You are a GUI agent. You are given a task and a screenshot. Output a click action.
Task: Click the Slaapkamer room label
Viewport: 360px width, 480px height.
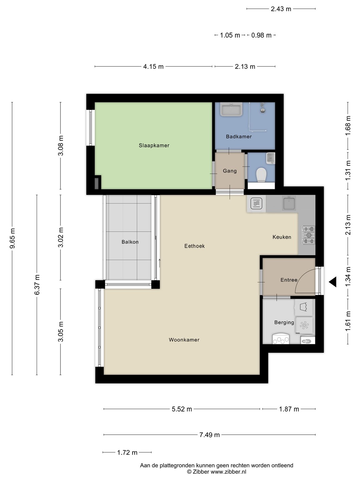pos(154,145)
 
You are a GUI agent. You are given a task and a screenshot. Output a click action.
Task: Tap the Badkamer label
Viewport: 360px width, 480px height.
pos(239,136)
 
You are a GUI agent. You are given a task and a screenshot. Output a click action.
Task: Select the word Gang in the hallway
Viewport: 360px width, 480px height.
pos(230,171)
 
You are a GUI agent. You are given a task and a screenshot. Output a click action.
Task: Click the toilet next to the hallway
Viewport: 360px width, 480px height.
pos(261,175)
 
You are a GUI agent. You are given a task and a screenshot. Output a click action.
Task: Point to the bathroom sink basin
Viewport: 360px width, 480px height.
pos(231,109)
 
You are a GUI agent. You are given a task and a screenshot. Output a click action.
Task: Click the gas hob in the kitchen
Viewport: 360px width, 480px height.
pos(308,235)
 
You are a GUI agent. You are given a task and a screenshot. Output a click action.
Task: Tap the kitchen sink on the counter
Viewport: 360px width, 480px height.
pos(289,203)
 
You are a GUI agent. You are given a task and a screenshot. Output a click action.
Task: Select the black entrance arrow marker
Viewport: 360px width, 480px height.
pos(333,282)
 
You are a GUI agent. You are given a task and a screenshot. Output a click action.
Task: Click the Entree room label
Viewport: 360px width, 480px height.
pos(289,280)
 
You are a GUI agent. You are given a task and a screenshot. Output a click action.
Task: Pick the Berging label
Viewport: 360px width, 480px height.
pos(284,323)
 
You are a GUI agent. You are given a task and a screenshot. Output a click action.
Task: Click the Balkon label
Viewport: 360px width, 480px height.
pos(130,242)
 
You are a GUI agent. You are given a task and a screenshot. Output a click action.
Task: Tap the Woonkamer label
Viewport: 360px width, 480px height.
pos(184,340)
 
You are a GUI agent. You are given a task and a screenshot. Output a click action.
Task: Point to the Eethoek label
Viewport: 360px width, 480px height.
pos(195,246)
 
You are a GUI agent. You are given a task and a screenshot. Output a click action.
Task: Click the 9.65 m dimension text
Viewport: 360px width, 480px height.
pos(12,238)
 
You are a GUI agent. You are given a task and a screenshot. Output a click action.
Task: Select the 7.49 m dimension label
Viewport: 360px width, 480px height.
pos(209,435)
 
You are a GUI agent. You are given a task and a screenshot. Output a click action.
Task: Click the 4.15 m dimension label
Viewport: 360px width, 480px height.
pos(153,66)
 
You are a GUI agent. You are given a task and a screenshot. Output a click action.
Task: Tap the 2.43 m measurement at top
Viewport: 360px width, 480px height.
pos(281,9)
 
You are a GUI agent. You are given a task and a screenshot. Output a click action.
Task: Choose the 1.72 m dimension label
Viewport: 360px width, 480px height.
pos(127,452)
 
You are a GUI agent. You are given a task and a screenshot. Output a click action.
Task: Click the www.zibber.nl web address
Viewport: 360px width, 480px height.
pos(228,472)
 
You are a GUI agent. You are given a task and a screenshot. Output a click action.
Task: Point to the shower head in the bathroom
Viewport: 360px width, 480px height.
pos(263,109)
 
